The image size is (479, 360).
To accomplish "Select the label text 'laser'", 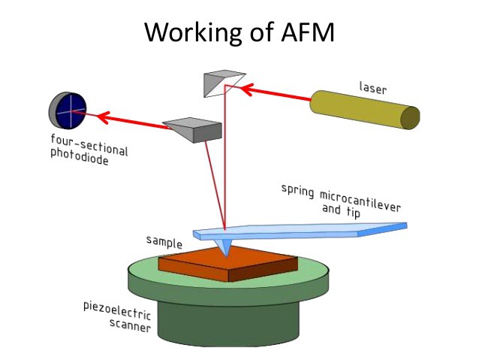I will [x=373, y=86].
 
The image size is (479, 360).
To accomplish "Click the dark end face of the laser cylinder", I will [x=410, y=117].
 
